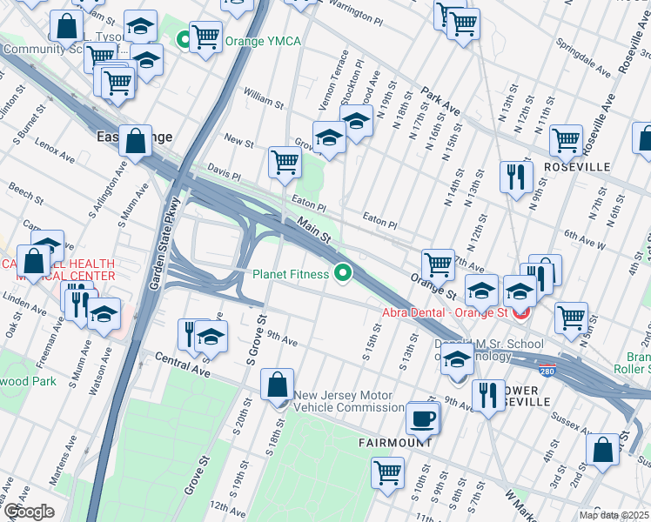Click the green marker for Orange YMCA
point(184,40)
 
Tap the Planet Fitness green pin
point(343,274)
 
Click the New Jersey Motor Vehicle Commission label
point(349,401)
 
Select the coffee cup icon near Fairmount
point(423,418)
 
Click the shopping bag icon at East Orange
point(137,142)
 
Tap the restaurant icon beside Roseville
point(516,176)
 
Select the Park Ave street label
point(440,100)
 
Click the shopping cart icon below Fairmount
point(387,472)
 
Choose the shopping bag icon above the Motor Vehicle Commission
point(277,384)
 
